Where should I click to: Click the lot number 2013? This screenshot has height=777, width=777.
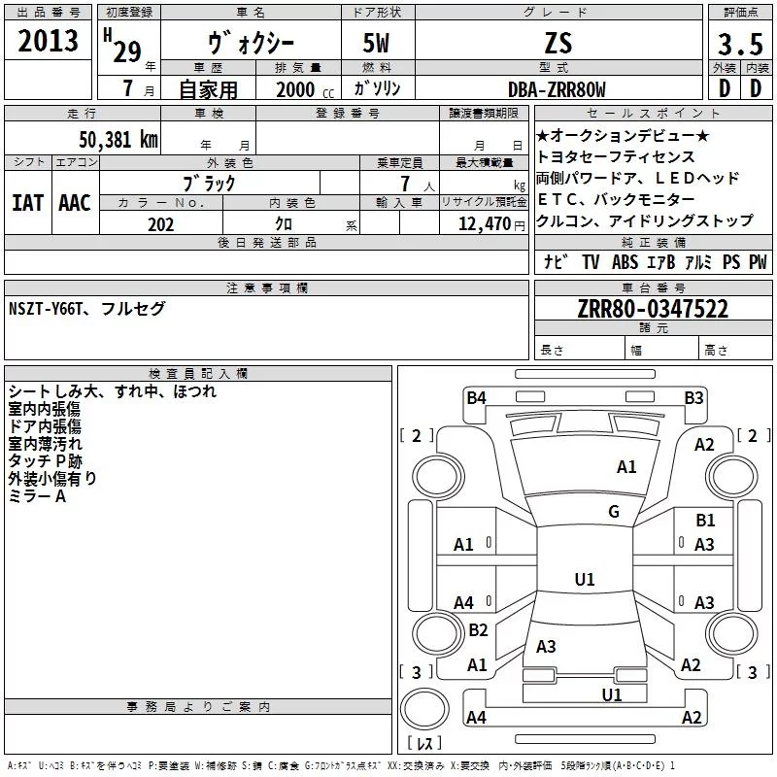click(x=48, y=42)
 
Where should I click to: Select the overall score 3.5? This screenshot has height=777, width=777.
click(x=739, y=45)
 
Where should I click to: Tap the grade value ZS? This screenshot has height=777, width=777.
click(x=558, y=44)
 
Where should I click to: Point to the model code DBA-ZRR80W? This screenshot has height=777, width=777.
click(x=557, y=89)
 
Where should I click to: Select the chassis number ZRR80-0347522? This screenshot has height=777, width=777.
click(x=653, y=310)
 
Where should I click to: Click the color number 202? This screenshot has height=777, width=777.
click(x=161, y=224)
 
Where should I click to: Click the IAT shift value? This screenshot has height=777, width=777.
click(x=27, y=202)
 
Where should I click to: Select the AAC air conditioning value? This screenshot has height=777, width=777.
click(x=75, y=202)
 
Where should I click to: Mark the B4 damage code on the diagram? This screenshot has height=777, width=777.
click(x=476, y=397)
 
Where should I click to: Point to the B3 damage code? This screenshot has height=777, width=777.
click(x=693, y=397)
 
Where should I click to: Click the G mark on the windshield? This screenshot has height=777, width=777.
click(x=614, y=511)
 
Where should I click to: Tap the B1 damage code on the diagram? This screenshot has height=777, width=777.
click(x=705, y=521)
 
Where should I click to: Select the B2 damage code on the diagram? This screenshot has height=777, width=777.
click(x=478, y=630)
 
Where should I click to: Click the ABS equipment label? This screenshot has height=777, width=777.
click(x=624, y=262)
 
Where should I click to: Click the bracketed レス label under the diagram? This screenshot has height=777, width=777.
click(x=424, y=745)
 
